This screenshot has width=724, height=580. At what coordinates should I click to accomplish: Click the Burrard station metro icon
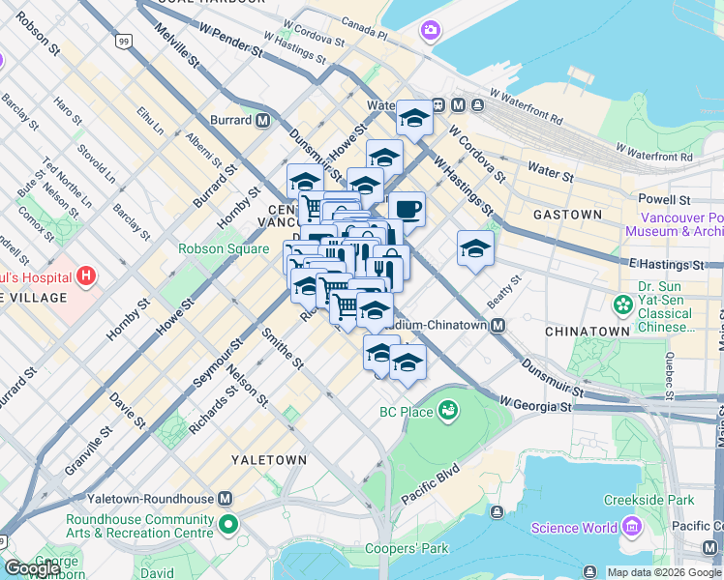pos(262,121)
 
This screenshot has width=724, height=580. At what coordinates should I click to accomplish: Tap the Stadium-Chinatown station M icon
pos(498,326)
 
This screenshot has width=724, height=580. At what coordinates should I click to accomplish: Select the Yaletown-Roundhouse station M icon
pos(226,498)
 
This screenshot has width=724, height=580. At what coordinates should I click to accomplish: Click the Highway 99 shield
pos(123,41)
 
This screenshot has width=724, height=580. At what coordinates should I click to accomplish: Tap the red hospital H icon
pos(86,276)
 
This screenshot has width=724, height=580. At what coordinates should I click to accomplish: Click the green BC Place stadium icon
pos(447,413)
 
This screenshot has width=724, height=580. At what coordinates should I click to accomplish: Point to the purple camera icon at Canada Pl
pos(429,31)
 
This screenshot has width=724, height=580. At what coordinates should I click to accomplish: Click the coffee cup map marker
pos(407,208)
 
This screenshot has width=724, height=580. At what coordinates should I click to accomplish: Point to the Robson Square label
pos(224,248)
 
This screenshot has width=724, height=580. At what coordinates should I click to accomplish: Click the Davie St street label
pos(127,410)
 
